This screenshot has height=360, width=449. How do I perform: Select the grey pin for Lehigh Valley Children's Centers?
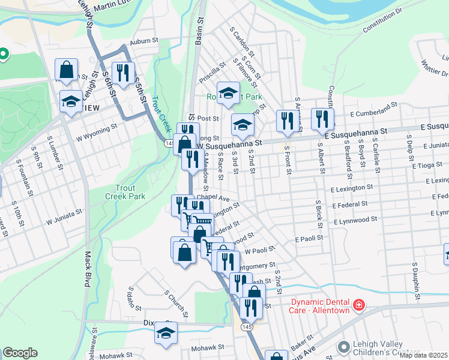click(x=344, y=347)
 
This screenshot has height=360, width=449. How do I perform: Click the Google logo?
click(x=20, y=353)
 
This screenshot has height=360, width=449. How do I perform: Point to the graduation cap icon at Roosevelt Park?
click(x=228, y=92)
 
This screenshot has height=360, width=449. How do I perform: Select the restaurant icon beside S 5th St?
click(x=123, y=73)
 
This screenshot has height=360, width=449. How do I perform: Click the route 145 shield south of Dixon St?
click(x=246, y=327)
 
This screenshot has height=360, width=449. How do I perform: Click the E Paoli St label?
click(x=309, y=238)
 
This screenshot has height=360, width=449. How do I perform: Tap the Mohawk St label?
click(x=208, y=347)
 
